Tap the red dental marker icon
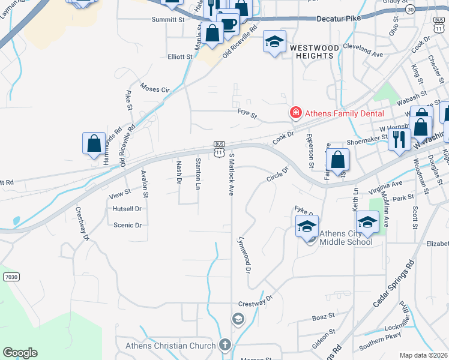pyautogui.click(x=295, y=112)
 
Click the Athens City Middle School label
pyautogui.click(x=346, y=238)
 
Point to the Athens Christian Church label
pyautogui.click(x=170, y=346)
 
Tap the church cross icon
pyautogui.click(x=224, y=345)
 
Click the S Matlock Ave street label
pyautogui.click(x=232, y=174)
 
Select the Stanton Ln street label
pyautogui.click(x=197, y=173)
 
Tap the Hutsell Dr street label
pyautogui.click(x=127, y=209)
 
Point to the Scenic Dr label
pyautogui.click(x=127, y=225)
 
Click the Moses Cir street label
pyautogui.click(x=155, y=89)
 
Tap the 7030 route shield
pyautogui.click(x=10, y=277)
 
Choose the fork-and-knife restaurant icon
pyautogui.click(x=399, y=139)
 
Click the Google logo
pyautogui.click(x=20, y=353)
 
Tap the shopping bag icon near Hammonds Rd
pyautogui.click(x=94, y=144)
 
